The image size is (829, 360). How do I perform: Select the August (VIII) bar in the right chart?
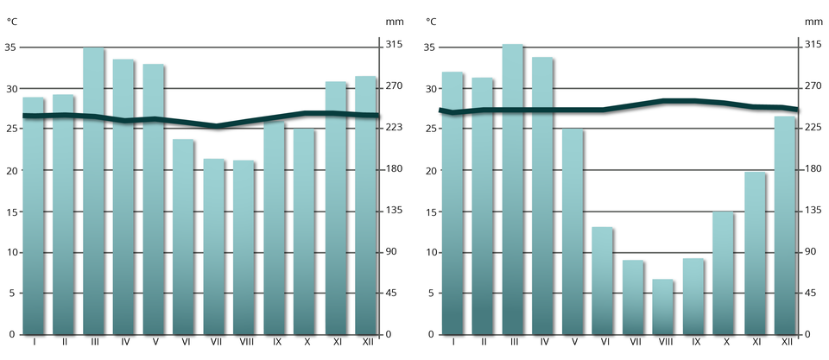tap(663, 307)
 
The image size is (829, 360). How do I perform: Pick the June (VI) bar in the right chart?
tap(603, 281)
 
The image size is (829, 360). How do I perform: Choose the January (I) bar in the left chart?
tap(34, 216)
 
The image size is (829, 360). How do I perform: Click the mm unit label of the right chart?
tap(813, 21)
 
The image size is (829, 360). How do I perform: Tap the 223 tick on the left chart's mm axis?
tap(394, 128)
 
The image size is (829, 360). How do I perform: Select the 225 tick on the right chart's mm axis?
tap(813, 128)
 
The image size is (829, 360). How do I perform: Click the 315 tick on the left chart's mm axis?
tap(394, 44)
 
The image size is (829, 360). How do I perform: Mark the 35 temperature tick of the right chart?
tap(430, 47)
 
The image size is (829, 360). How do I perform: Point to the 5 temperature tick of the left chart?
tap(11, 294)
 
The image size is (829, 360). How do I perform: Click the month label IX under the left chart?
tap(275, 344)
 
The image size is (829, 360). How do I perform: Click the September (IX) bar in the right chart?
tap(693, 297)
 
